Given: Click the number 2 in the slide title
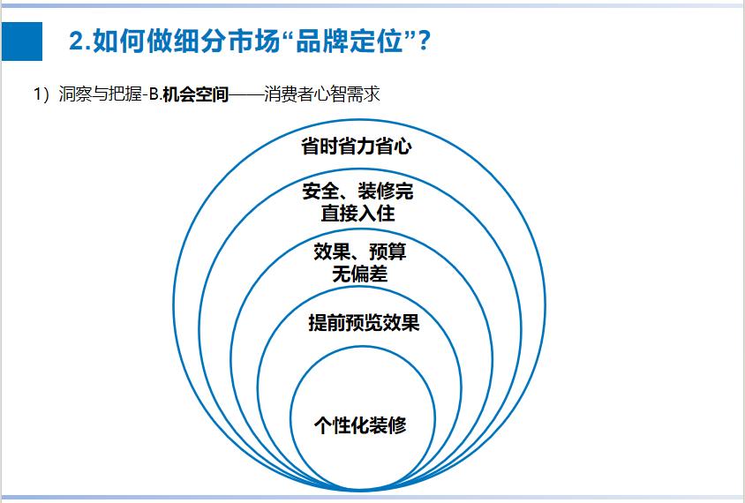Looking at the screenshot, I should point(76,41).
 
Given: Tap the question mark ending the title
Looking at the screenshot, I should point(424,41).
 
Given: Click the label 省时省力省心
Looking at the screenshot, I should point(357,146).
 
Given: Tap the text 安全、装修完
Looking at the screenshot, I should point(357,191).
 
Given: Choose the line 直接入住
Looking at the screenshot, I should point(357,214).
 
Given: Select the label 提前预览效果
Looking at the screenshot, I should point(364,322).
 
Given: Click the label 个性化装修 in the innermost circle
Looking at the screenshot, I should point(360,424).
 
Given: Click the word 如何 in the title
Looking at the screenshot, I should point(110,41).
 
